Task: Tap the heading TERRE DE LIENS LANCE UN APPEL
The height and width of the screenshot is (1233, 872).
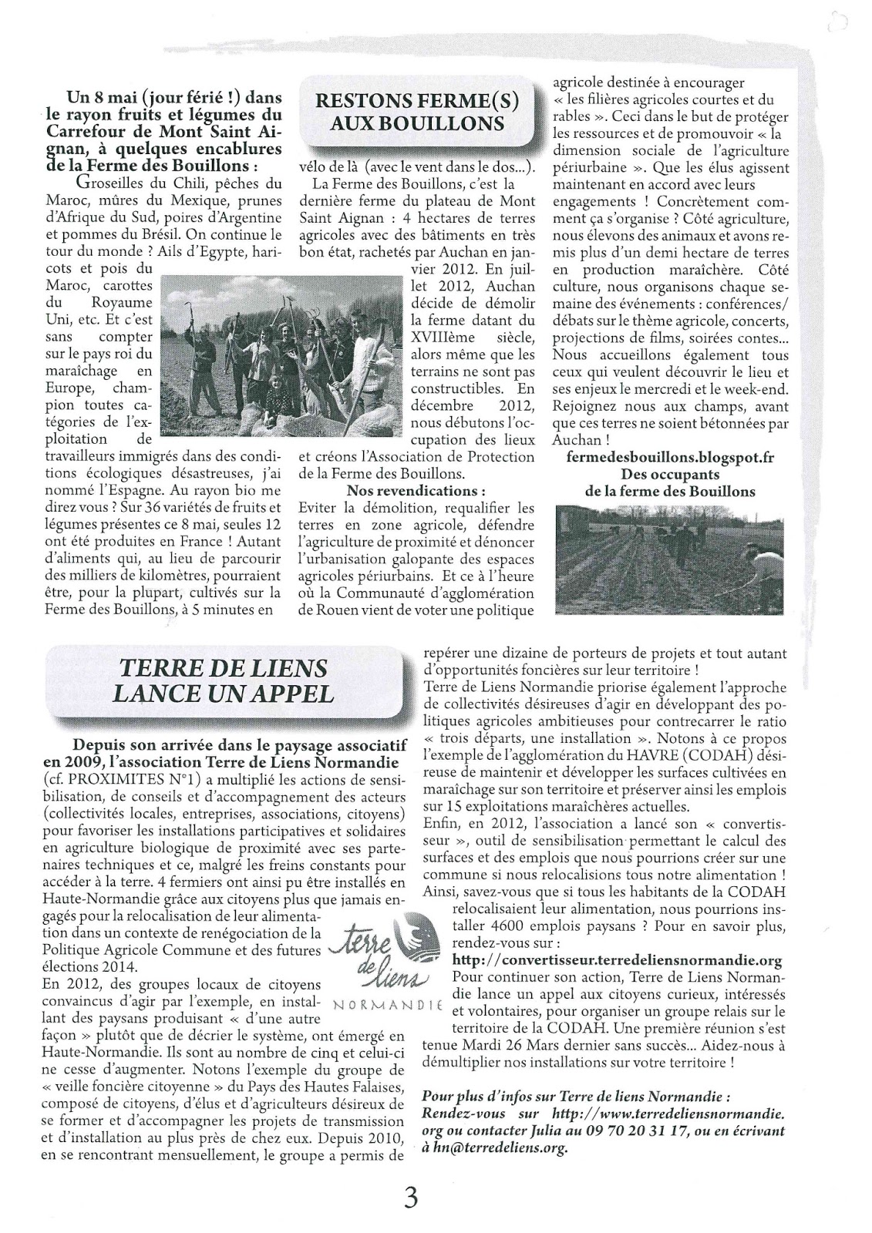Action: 224,680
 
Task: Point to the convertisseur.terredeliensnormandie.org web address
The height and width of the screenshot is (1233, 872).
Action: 618,960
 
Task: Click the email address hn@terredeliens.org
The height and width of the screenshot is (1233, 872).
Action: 501,1147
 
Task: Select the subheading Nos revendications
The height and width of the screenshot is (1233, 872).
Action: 416,491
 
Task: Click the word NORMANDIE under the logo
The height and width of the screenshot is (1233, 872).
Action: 385,1006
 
